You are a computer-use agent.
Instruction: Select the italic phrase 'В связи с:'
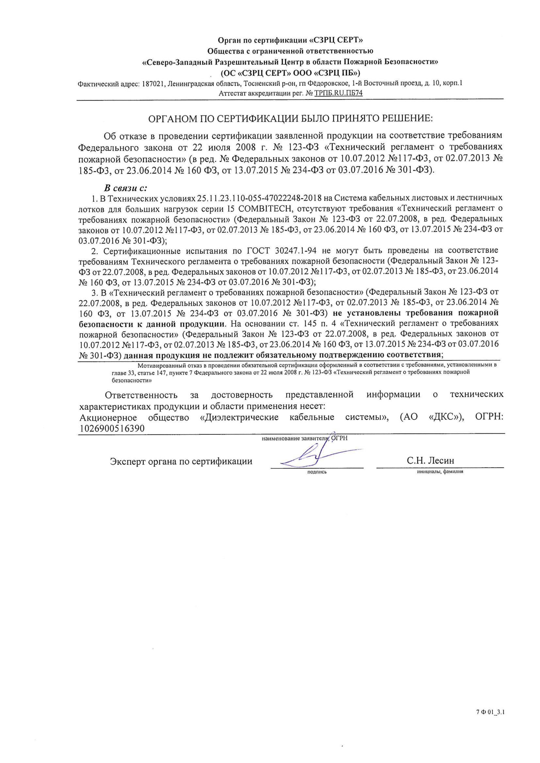coord(126,188)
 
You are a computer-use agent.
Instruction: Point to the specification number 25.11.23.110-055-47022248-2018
coord(259,198)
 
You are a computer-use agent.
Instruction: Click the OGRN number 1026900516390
coord(112,428)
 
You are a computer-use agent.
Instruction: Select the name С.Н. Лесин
coord(430,460)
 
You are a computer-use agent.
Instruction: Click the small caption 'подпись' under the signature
coord(317,472)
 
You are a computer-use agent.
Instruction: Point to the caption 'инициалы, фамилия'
coord(440,472)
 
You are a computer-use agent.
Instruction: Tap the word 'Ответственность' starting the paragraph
coord(141,395)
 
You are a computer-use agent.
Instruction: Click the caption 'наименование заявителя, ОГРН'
coord(304,438)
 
